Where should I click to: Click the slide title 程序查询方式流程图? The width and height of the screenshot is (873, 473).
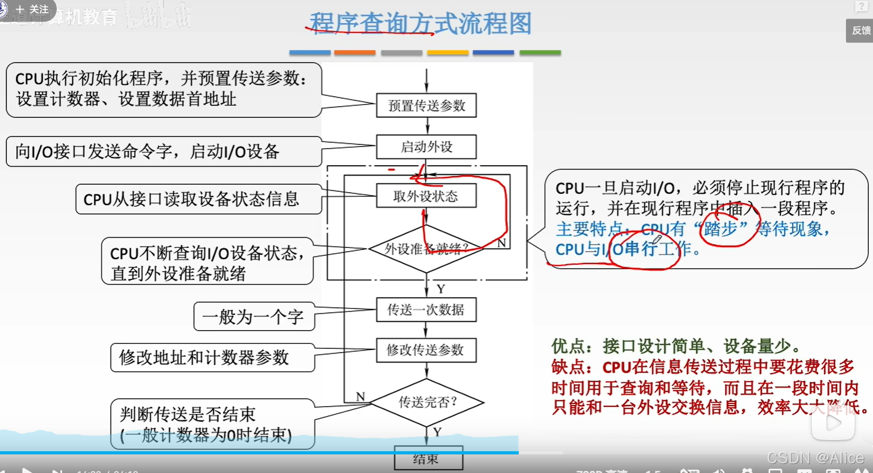click(420, 24)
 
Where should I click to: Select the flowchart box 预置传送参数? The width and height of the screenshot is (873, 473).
click(426, 106)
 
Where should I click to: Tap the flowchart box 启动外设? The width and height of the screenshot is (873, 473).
click(426, 147)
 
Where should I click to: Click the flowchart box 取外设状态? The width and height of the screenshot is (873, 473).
click(426, 196)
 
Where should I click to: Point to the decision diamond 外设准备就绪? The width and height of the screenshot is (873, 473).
click(426, 248)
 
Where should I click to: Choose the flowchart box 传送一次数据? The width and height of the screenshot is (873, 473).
click(426, 309)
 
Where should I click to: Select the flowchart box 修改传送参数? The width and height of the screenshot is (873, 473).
click(426, 350)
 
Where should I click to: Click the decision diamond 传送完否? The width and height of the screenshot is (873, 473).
click(427, 402)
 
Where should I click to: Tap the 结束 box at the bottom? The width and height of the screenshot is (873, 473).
click(428, 459)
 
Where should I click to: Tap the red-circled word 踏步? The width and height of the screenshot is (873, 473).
click(721, 229)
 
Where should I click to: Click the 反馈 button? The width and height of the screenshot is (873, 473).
click(861, 31)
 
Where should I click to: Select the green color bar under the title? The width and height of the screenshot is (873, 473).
click(540, 53)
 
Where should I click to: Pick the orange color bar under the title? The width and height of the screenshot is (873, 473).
click(355, 53)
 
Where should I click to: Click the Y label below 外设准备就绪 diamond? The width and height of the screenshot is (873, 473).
click(441, 289)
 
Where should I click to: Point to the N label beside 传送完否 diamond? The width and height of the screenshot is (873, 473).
click(361, 397)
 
